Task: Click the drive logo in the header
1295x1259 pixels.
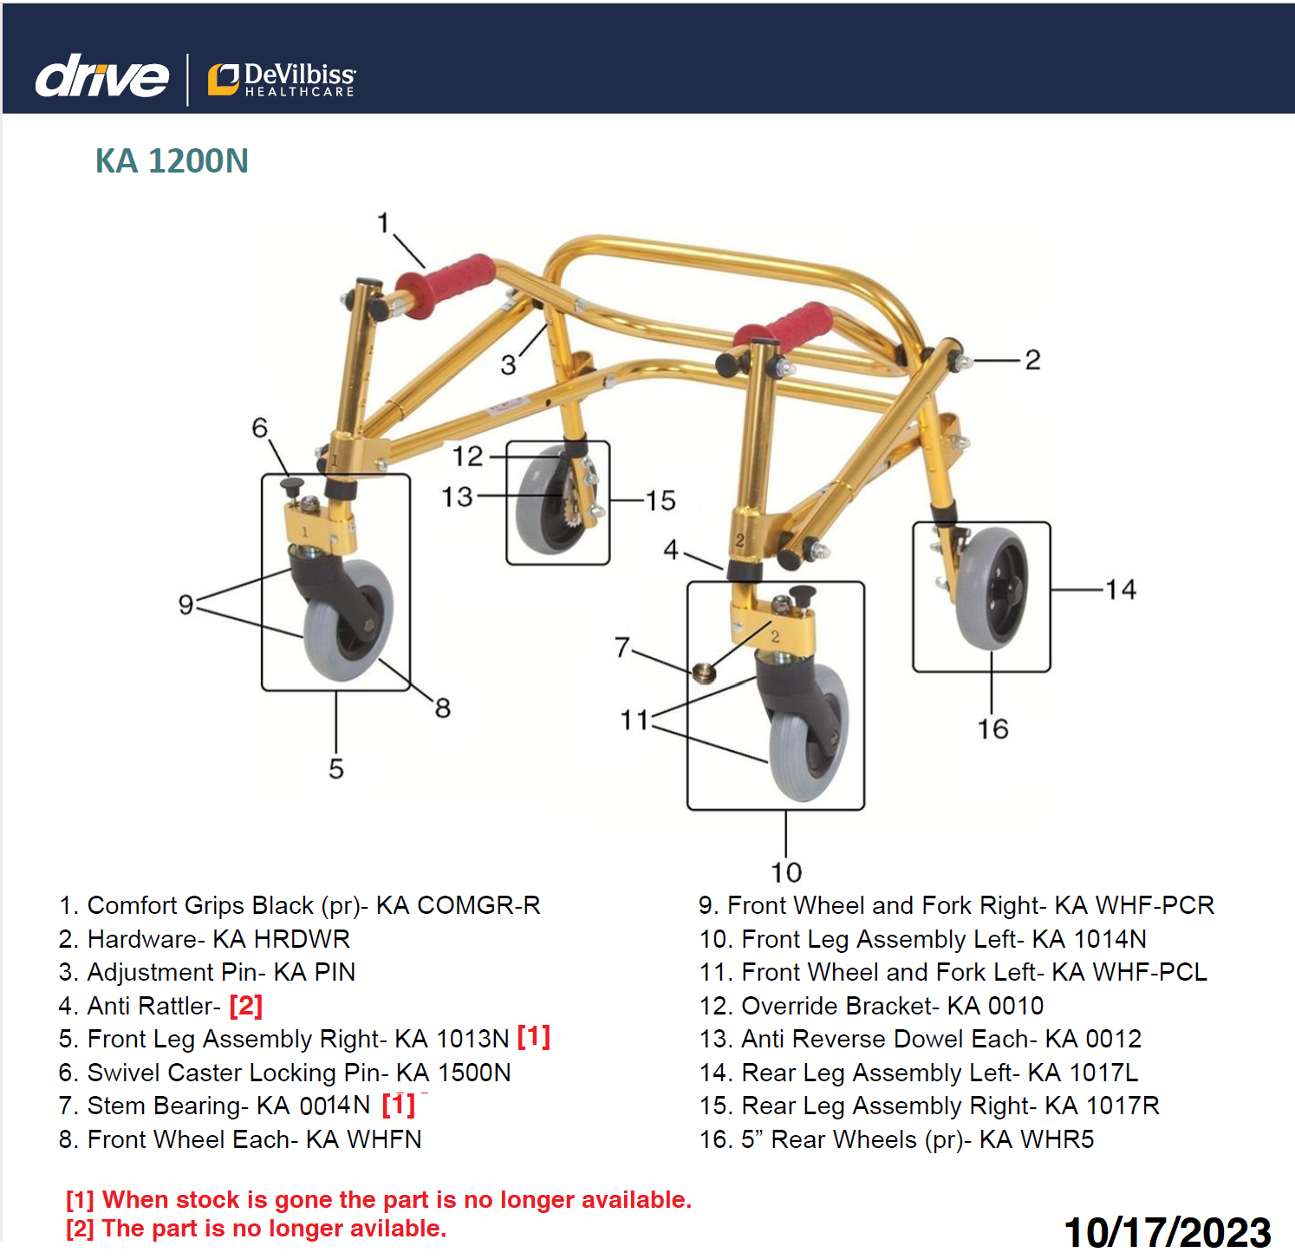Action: (x=101, y=77)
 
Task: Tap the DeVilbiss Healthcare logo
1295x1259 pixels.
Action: (x=282, y=79)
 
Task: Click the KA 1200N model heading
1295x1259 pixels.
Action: (x=172, y=161)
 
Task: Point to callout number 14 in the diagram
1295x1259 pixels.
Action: (x=1120, y=590)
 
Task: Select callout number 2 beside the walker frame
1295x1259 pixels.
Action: (x=1031, y=360)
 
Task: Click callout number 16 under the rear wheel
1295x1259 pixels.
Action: (x=992, y=728)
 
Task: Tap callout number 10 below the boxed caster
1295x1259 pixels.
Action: (x=786, y=871)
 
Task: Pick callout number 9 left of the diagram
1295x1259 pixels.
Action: (x=185, y=604)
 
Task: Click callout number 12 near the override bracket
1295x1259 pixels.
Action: (x=467, y=456)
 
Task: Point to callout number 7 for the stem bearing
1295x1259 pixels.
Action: (x=621, y=647)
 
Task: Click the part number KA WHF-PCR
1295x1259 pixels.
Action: (x=1134, y=905)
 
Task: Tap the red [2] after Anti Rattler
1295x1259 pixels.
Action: (x=245, y=1006)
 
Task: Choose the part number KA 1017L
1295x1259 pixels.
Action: (x=1083, y=1073)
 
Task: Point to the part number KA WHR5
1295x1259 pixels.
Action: (x=1037, y=1139)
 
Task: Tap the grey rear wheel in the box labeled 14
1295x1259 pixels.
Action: (x=990, y=589)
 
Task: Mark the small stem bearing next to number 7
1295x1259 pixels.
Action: (x=704, y=672)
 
